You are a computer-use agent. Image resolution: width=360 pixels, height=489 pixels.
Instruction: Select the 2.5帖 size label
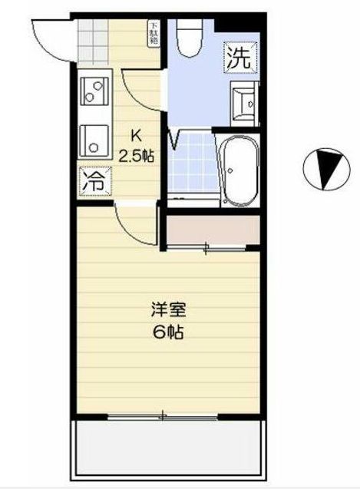[136, 155]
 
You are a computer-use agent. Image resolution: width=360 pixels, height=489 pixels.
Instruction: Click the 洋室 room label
[167, 312]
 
